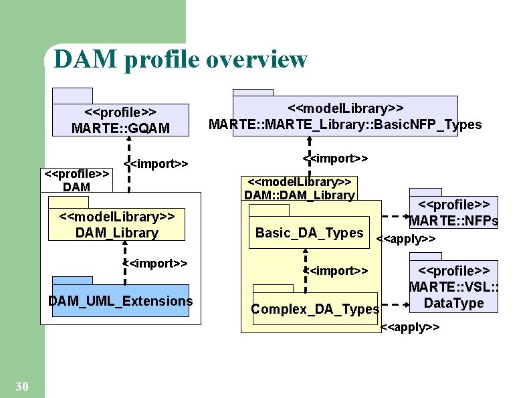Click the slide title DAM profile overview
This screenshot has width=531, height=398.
[x=181, y=59]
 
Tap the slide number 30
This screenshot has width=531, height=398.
[x=21, y=386]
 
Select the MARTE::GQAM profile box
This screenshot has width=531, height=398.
[x=120, y=120]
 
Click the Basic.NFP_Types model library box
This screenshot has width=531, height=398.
[x=345, y=116]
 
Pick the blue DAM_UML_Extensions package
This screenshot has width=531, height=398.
[x=120, y=301]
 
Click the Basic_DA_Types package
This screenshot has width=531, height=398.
[x=309, y=233]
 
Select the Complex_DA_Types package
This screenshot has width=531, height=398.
[x=315, y=308]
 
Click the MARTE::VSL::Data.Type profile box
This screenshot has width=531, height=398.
[x=454, y=288]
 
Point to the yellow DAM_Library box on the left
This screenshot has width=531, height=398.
[x=116, y=225]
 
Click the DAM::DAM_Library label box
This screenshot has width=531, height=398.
[x=299, y=189]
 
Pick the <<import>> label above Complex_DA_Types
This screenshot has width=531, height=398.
[x=336, y=270]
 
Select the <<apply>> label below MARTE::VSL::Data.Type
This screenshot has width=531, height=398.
[x=410, y=327]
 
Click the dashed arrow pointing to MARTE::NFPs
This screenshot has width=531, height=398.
[x=396, y=217]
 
